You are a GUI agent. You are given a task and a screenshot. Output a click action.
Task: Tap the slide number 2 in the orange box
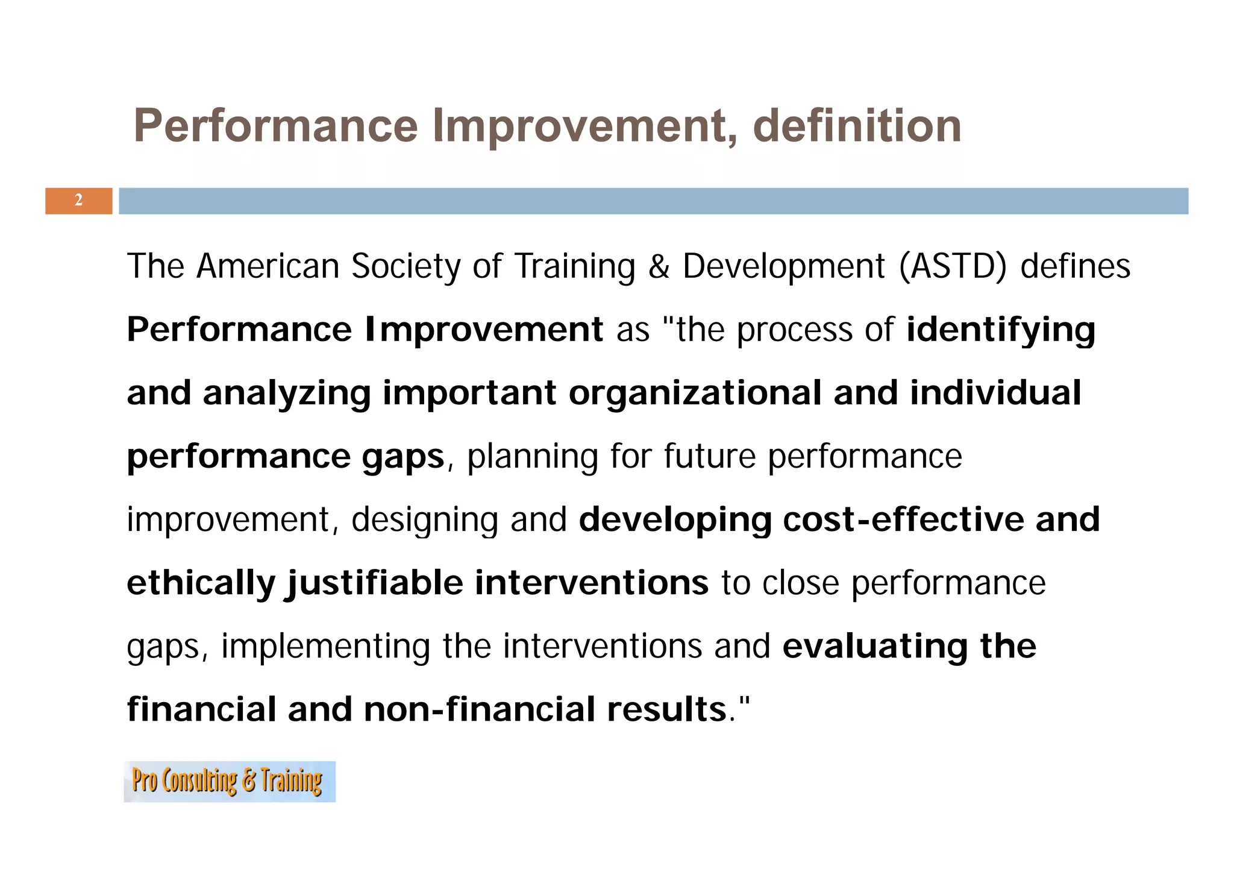click(x=78, y=201)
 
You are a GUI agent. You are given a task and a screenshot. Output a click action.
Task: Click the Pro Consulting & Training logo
click(x=230, y=782)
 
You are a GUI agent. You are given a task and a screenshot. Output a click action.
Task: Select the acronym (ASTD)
click(x=953, y=266)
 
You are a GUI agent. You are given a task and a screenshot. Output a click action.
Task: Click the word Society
click(x=406, y=266)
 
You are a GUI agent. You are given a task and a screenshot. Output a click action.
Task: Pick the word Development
click(x=784, y=266)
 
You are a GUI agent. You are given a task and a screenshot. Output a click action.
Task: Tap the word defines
click(x=1075, y=266)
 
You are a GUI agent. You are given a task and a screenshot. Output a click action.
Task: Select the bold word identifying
click(x=1001, y=330)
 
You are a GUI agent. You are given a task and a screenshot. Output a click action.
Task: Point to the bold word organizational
click(x=695, y=393)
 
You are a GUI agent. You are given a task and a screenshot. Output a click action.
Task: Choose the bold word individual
click(x=995, y=393)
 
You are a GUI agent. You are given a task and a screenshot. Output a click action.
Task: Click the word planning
click(x=532, y=457)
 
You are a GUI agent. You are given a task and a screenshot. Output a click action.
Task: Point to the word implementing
click(x=325, y=647)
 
